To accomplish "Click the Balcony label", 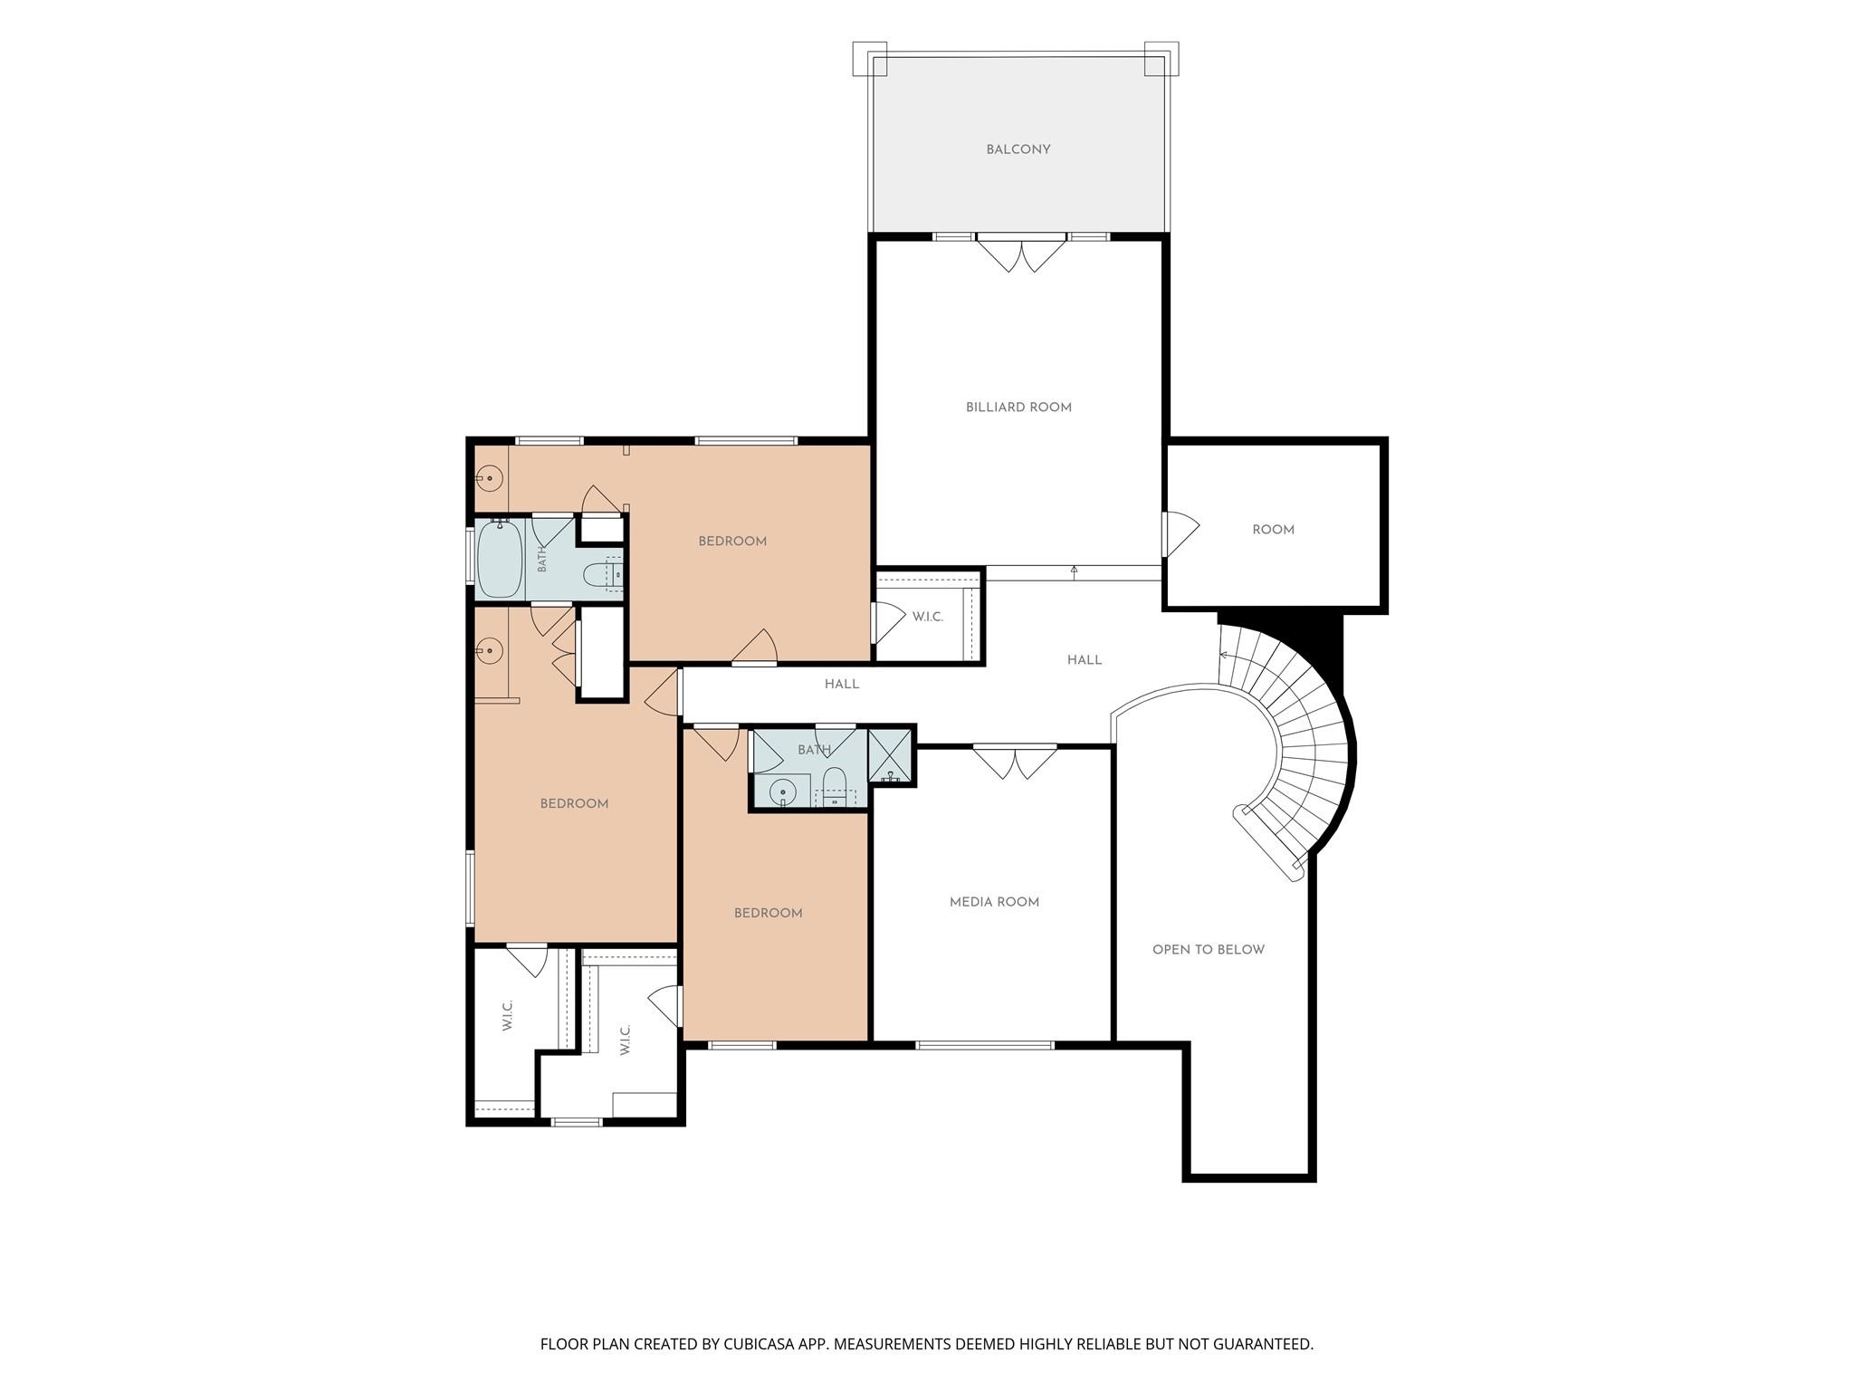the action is [1018, 149].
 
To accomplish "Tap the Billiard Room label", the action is [1018, 408].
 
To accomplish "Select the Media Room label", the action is [994, 902].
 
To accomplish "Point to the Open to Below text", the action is [1209, 950].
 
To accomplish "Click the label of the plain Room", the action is [1274, 530].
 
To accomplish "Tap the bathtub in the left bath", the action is [499, 559].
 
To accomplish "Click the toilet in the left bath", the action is [602, 574].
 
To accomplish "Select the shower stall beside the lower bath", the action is [890, 754].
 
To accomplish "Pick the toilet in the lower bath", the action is [834, 785].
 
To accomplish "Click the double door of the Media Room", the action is [1015, 762].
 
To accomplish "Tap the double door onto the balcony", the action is [1021, 254].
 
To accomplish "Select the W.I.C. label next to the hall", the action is [928, 617].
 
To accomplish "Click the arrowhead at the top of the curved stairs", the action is [1225, 656].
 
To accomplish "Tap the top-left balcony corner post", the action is [869, 59].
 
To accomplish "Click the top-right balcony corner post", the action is [1161, 59].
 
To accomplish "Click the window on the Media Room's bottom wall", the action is [985, 1045].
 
